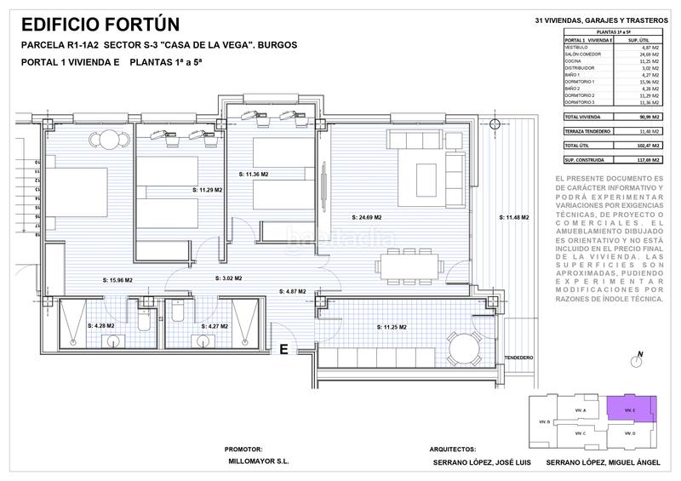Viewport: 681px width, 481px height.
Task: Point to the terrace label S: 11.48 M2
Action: pyautogui.click(x=514, y=218)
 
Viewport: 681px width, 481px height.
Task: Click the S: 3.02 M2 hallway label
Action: pyautogui.click(x=226, y=278)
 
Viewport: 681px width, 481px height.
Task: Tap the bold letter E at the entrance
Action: pyautogui.click(x=283, y=347)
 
